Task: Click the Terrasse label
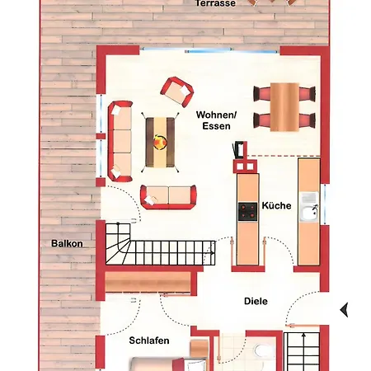click(215, 3)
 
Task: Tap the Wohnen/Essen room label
click(216, 120)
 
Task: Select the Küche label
click(276, 205)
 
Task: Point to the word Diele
click(256, 301)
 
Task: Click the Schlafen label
click(149, 340)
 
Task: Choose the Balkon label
click(67, 243)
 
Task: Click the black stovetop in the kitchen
click(247, 212)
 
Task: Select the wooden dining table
click(284, 107)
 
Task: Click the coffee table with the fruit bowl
click(160, 142)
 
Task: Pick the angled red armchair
click(177, 92)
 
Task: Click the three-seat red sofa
click(120, 141)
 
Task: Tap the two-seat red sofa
click(168, 197)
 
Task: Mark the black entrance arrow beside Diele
click(344, 310)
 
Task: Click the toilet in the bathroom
click(262, 350)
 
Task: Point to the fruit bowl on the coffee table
click(160, 142)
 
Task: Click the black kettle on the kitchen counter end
click(238, 150)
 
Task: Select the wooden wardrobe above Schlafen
click(148, 282)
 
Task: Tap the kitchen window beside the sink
click(325, 204)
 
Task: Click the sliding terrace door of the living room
click(210, 50)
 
